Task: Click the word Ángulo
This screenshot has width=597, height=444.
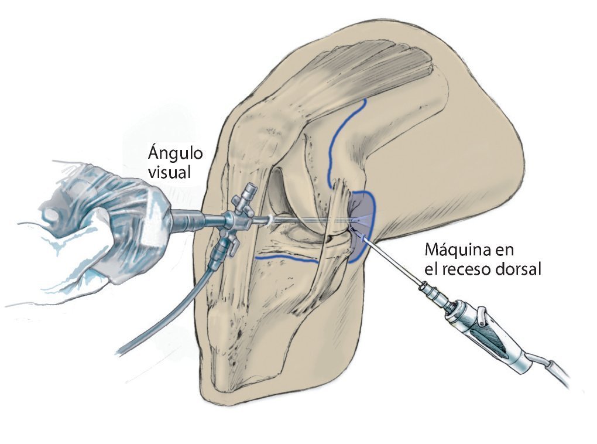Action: (x=175, y=154)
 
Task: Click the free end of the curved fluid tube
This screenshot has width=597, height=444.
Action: (x=120, y=351)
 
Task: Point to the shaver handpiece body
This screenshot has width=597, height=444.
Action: (x=492, y=328)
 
